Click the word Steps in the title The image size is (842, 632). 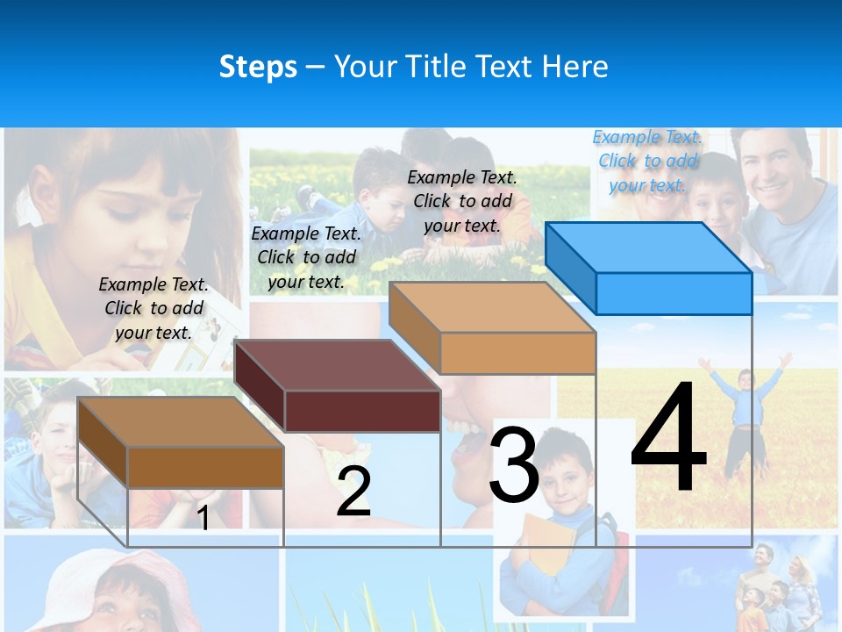258,67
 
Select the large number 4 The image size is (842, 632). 668,439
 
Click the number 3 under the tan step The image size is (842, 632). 513,465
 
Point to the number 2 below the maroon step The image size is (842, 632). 353,492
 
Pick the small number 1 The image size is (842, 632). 203,518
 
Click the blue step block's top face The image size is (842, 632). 649,247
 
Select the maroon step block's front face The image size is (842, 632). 362,411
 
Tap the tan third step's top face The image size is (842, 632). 492,306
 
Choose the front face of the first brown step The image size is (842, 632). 205,467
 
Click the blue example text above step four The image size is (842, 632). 647,162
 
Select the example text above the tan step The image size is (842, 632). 462,202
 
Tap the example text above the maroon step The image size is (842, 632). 306,258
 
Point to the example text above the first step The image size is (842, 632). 153,309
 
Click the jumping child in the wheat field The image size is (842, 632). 745,404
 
